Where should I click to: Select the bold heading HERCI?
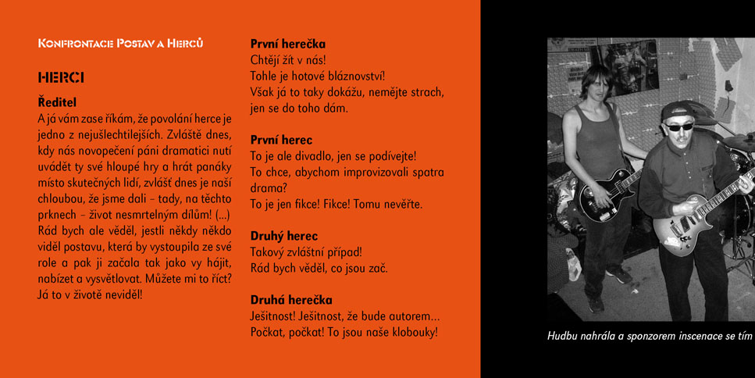(61, 77)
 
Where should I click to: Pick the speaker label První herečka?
(287, 44)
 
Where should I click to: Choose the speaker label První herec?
(281, 140)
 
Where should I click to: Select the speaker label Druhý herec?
(283, 236)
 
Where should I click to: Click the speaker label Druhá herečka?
(291, 300)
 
